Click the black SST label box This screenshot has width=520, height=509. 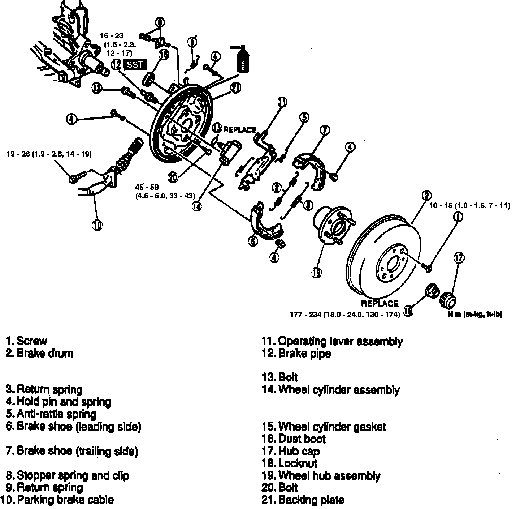point(135,65)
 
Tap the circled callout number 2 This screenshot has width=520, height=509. point(426,196)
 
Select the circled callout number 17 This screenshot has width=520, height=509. point(459,258)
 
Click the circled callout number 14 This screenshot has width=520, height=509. point(197,206)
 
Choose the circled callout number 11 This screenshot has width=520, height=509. point(282,102)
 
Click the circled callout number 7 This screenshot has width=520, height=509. point(325,130)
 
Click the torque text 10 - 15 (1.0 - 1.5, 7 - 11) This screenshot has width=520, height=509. point(469,206)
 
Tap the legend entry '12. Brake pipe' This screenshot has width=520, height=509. point(296,353)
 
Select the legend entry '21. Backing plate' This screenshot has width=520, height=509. point(303,500)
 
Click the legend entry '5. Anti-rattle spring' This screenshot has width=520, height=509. point(51,414)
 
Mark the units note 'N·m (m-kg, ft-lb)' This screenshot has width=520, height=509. point(475,315)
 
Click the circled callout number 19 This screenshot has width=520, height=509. point(317,273)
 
